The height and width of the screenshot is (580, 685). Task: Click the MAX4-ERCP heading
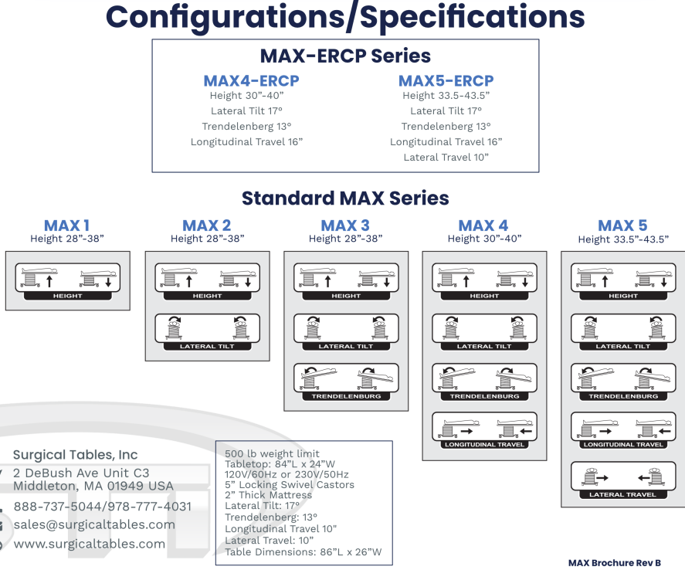pos(251,81)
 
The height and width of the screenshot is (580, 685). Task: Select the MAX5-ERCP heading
pos(446,81)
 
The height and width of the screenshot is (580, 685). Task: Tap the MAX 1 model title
pos(66,226)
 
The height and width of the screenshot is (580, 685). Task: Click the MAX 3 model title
pos(345,226)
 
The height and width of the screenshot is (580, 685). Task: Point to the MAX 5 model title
pos(622,226)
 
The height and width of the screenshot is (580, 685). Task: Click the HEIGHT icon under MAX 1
pos(68,281)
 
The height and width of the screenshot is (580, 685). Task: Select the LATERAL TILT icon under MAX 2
pos(207,331)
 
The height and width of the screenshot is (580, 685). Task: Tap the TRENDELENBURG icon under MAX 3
pos(345,382)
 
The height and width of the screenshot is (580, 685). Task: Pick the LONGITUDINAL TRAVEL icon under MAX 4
pos(484,430)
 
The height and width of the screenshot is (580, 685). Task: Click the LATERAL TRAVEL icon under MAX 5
pos(622,480)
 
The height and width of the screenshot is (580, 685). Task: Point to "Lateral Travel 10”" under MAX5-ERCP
pos(446,158)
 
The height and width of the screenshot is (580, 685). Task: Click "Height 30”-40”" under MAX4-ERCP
pos(247,96)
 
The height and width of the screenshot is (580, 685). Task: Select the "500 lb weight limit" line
pos(271,453)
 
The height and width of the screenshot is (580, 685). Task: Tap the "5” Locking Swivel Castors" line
pos(290,485)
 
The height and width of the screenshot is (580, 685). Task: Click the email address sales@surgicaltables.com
pos(94,525)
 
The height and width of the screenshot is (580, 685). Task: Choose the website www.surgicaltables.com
pos(89,544)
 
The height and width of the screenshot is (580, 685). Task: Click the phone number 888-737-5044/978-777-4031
pos(103,507)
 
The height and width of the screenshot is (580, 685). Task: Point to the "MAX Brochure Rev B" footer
pos(615,564)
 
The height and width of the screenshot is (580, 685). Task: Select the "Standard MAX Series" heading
pos(345,198)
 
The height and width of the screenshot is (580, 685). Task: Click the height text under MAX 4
pos(484,239)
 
